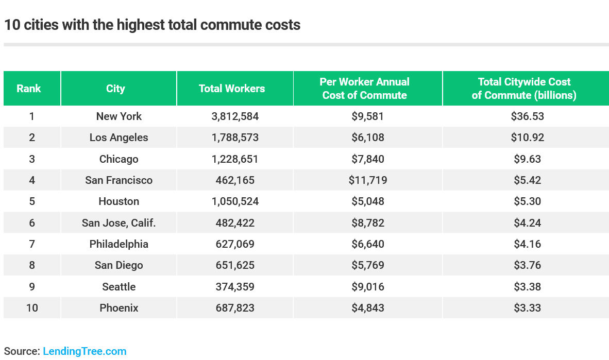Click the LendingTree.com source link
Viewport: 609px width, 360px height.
(84, 351)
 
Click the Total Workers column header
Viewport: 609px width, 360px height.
(232, 89)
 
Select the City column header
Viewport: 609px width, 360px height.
(115, 89)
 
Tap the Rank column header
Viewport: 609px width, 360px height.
(29, 89)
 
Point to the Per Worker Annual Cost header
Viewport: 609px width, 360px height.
(364, 89)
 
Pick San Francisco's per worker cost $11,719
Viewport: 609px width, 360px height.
(368, 180)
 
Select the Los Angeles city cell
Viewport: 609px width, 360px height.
(119, 138)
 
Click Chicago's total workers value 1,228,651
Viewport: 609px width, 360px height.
(235, 159)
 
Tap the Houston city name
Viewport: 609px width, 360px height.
(119, 201)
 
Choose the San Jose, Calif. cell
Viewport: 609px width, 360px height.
(119, 223)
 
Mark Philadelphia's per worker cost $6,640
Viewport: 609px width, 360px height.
(368, 244)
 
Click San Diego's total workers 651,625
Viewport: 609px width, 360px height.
(235, 265)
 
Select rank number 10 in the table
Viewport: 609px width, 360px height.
(32, 308)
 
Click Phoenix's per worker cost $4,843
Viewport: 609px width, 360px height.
(368, 308)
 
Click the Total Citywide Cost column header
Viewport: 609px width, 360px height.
(524, 89)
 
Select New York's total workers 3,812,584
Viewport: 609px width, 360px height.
(235, 116)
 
